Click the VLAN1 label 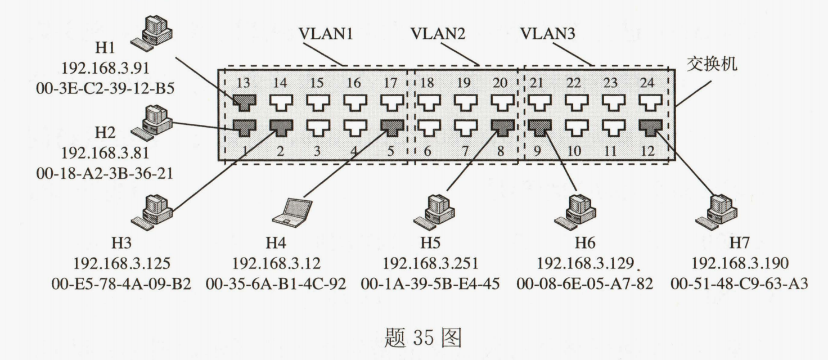(326, 33)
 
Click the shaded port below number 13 (244, 102)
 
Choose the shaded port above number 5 (391, 127)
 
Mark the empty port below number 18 (427, 102)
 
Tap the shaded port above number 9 (540, 127)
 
